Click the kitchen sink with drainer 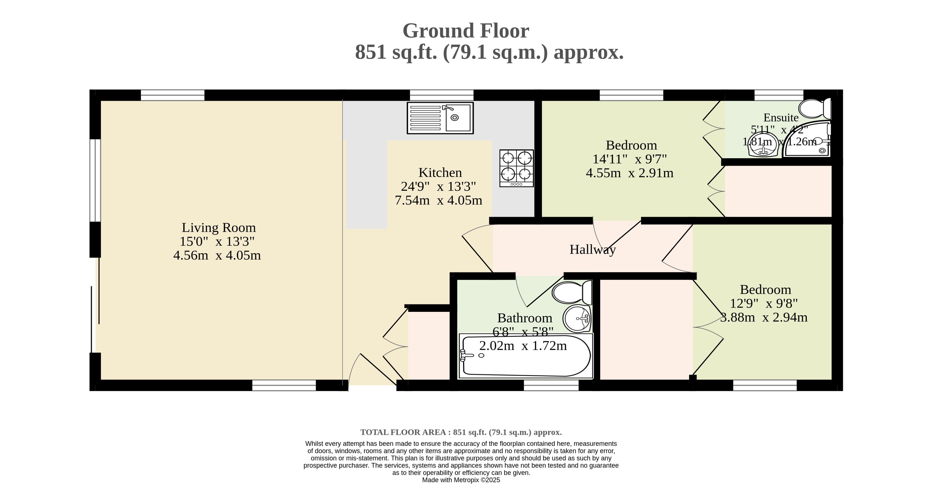pyautogui.click(x=440, y=118)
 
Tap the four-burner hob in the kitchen pyautogui.click(x=516, y=168)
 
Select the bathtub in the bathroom pyautogui.click(x=526, y=356)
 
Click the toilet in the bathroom pyautogui.click(x=572, y=292)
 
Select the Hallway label pyautogui.click(x=593, y=250)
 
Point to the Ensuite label pyautogui.click(x=781, y=118)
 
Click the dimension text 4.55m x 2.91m pyautogui.click(x=630, y=173)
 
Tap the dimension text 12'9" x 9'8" pyautogui.click(x=764, y=303)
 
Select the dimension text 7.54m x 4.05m pyautogui.click(x=438, y=200)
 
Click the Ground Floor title pyautogui.click(x=466, y=31)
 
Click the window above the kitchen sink pyautogui.click(x=441, y=95)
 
